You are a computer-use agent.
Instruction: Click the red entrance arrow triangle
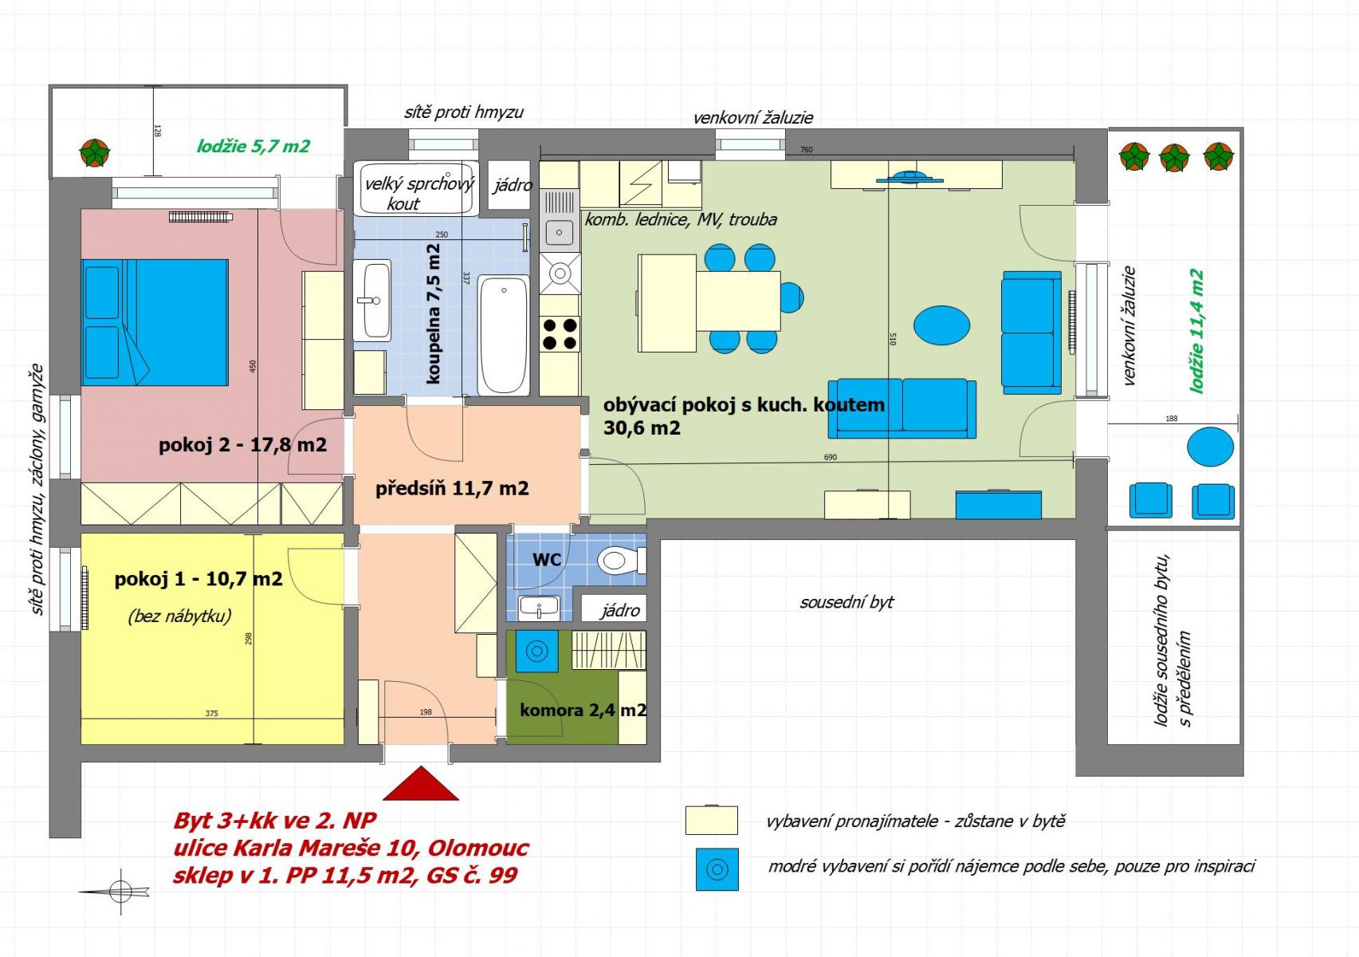(420, 783)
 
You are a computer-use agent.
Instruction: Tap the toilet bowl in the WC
(621, 560)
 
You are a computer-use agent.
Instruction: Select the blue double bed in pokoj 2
(155, 322)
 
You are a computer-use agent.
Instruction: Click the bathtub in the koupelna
(503, 335)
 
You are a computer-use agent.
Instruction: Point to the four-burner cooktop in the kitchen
(560, 334)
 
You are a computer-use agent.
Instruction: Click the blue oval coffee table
(941, 325)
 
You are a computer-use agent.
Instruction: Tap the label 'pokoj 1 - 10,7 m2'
(198, 579)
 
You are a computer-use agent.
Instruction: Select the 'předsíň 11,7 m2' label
(452, 489)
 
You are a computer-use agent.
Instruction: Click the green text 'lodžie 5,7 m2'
(253, 146)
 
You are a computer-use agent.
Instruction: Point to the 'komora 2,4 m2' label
(583, 710)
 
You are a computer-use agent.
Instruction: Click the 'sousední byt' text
(846, 603)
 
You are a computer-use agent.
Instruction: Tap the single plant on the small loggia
(95, 153)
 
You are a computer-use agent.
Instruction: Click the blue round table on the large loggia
(1211, 447)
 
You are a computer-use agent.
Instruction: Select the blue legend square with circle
(717, 869)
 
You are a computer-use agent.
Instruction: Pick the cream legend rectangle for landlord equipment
(712, 820)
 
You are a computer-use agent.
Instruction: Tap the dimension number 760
(807, 150)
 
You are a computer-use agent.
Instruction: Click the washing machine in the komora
(537, 651)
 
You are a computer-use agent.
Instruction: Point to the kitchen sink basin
(560, 232)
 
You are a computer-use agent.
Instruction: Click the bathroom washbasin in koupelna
(372, 300)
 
